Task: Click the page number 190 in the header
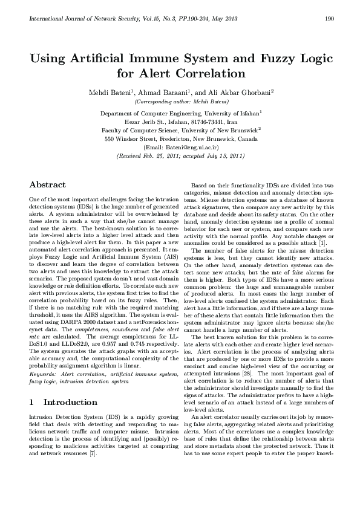coord(330,19)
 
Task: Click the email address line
coord(180,147)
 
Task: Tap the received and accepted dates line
coord(180,155)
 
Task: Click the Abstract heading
coord(48,184)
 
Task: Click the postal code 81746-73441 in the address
coord(211,121)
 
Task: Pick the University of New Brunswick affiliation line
coord(180,129)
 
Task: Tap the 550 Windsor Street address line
coord(180,138)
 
